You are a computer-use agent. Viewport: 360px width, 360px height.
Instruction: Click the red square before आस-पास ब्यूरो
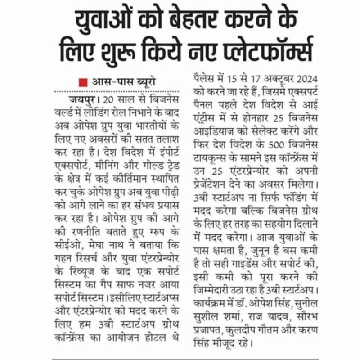82,83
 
